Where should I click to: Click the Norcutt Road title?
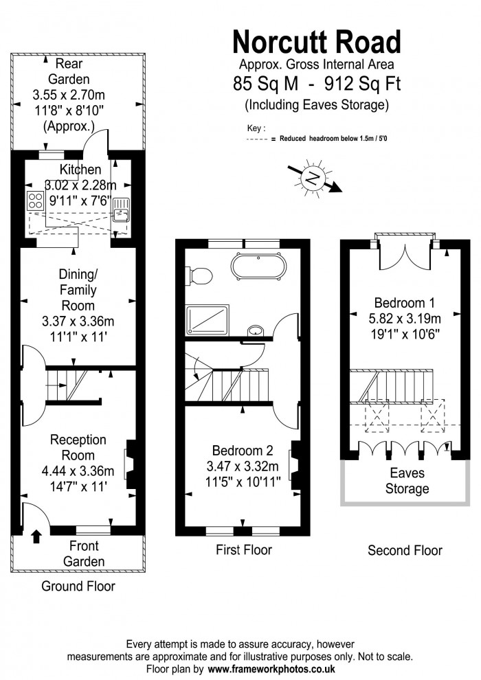tap(317, 42)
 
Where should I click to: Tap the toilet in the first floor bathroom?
tap(199, 275)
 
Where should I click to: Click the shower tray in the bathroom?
tap(208, 319)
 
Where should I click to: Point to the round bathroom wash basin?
tap(256, 331)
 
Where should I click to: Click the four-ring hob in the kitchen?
tap(35, 201)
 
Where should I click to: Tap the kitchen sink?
tap(120, 210)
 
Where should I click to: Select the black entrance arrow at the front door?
tap(36, 536)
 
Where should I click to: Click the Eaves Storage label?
tap(407, 481)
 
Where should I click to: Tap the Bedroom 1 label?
tap(404, 302)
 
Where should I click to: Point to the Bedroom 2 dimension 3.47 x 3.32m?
tap(243, 466)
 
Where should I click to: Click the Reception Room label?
tap(78, 447)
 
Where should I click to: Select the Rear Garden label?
tap(69, 71)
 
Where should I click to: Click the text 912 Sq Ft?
tap(363, 83)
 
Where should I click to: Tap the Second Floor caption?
tap(405, 550)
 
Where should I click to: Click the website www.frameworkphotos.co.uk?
tap(271, 669)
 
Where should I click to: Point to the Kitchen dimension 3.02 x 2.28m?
tap(80, 185)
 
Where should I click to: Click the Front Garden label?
tap(84, 554)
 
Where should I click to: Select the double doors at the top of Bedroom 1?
tap(405, 258)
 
